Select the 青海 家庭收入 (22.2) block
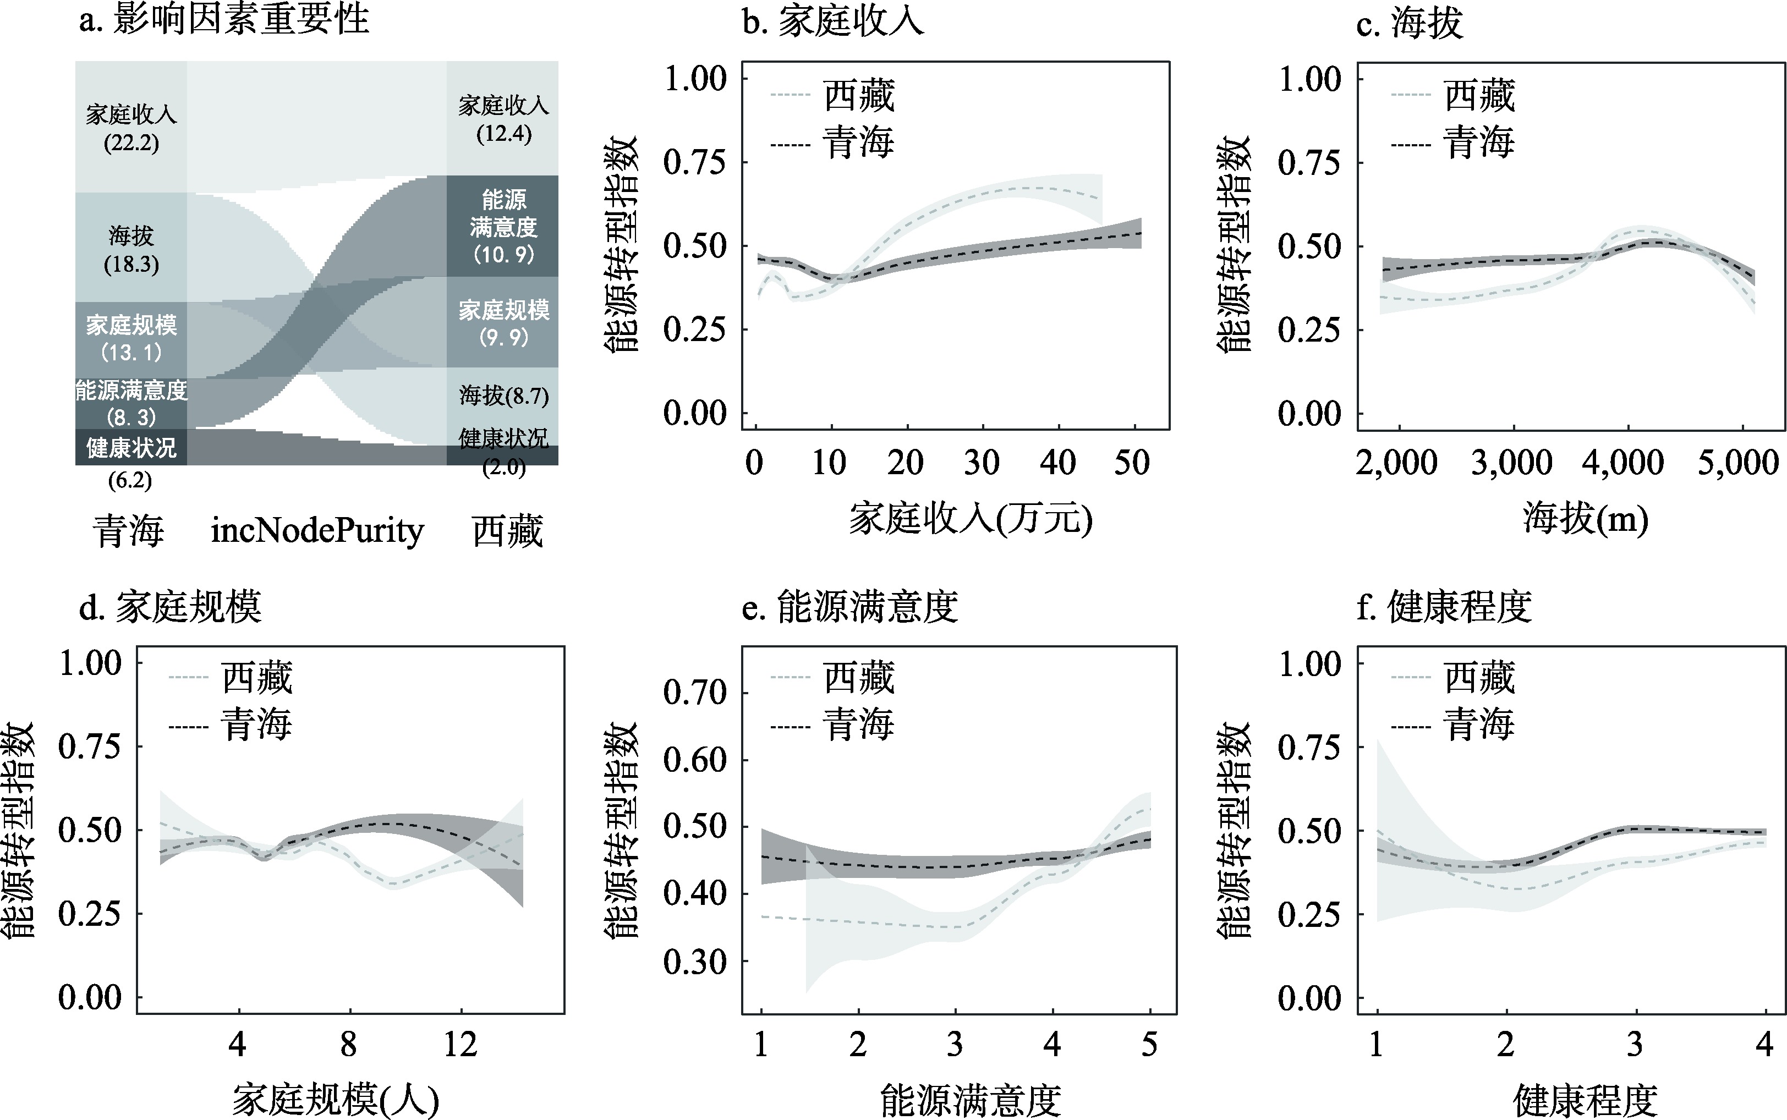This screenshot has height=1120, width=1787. pyautogui.click(x=131, y=128)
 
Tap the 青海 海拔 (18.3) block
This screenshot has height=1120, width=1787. pyautogui.click(x=131, y=249)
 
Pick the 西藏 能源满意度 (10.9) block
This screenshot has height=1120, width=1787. pyautogui.click(x=503, y=227)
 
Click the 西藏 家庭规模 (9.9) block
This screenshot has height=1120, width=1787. pyautogui.click(x=503, y=323)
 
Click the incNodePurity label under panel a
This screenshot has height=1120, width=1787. pyautogui.click(x=317, y=531)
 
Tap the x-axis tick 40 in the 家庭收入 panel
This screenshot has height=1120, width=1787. pyautogui.click(x=1057, y=463)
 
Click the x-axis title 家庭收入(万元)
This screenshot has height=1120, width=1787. pyautogui.click(x=970, y=519)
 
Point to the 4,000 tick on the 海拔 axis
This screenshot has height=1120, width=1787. pyautogui.click(x=1623, y=463)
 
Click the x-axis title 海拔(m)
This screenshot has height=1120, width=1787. pyautogui.click(x=1586, y=519)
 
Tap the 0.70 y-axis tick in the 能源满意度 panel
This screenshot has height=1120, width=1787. pyautogui.click(x=694, y=693)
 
